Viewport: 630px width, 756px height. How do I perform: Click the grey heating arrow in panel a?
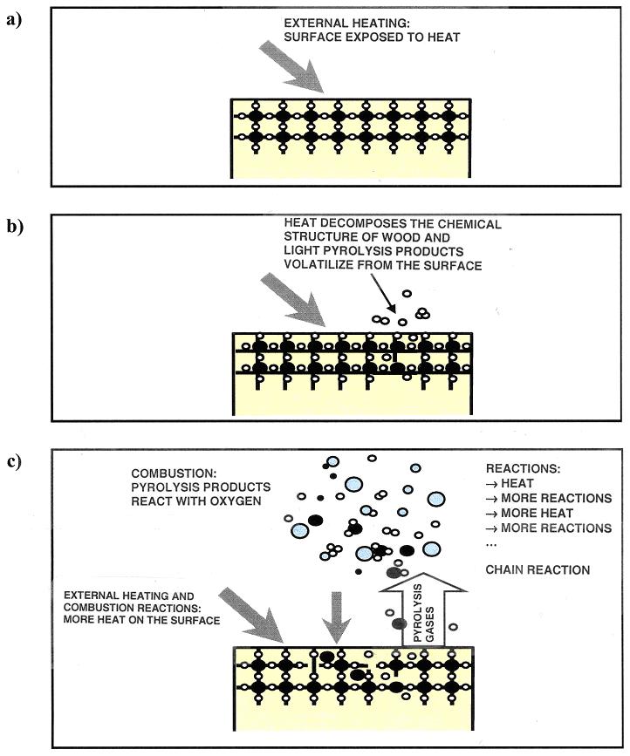[x=296, y=67]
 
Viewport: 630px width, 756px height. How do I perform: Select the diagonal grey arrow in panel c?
[x=254, y=614]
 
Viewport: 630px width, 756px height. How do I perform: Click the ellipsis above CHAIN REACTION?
[x=490, y=546]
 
